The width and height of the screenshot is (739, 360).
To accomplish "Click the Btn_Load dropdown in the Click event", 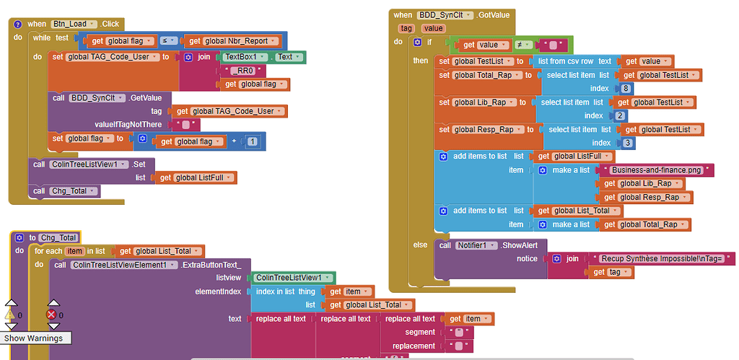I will [71, 24].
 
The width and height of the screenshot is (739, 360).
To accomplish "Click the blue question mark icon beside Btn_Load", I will [17, 24].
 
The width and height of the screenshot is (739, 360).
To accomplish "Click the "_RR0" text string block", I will [247, 71].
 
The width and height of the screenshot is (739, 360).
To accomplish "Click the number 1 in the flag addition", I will [252, 141].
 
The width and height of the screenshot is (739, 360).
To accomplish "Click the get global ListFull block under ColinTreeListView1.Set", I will [196, 177].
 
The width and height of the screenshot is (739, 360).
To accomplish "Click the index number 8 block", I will [625, 89].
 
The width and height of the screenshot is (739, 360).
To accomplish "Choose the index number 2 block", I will [621, 115].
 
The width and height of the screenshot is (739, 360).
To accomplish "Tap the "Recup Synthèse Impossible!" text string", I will [663, 258].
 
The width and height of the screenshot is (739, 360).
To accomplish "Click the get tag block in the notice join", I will [611, 272].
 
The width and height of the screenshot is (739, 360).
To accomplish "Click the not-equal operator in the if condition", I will [522, 45].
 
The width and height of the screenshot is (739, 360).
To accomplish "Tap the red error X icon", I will [51, 315].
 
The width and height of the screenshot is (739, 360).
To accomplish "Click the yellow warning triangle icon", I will [9, 315].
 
